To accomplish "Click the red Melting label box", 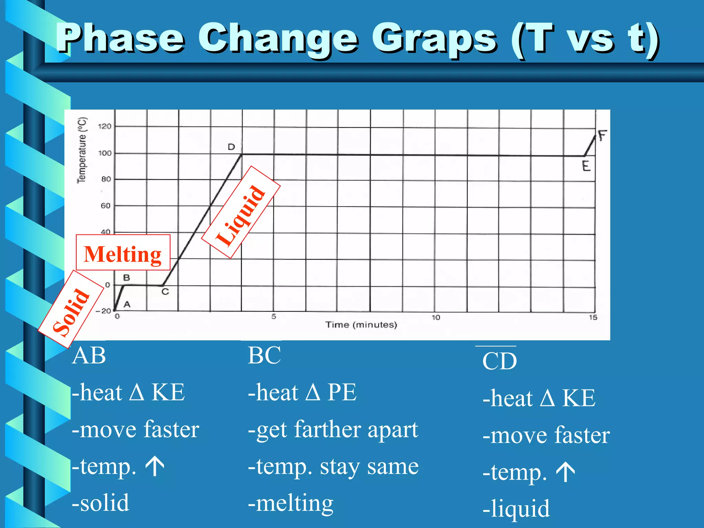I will tap(123, 253).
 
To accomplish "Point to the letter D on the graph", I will tap(231, 147).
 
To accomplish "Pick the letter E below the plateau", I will tap(586, 166).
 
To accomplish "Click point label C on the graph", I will tap(165, 292).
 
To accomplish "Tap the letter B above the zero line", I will tap(126, 277).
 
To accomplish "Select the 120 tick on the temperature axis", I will tap(105, 126).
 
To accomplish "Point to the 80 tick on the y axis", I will tap(106, 179).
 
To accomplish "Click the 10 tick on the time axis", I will tap(436, 317).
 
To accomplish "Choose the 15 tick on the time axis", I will tap(593, 317).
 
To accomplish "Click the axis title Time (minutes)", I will tap(361, 325).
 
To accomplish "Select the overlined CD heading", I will tap(499, 361).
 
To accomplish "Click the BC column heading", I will tap(264, 355).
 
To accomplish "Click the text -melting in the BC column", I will tap(290, 503).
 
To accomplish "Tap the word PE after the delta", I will tap(342, 392).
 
